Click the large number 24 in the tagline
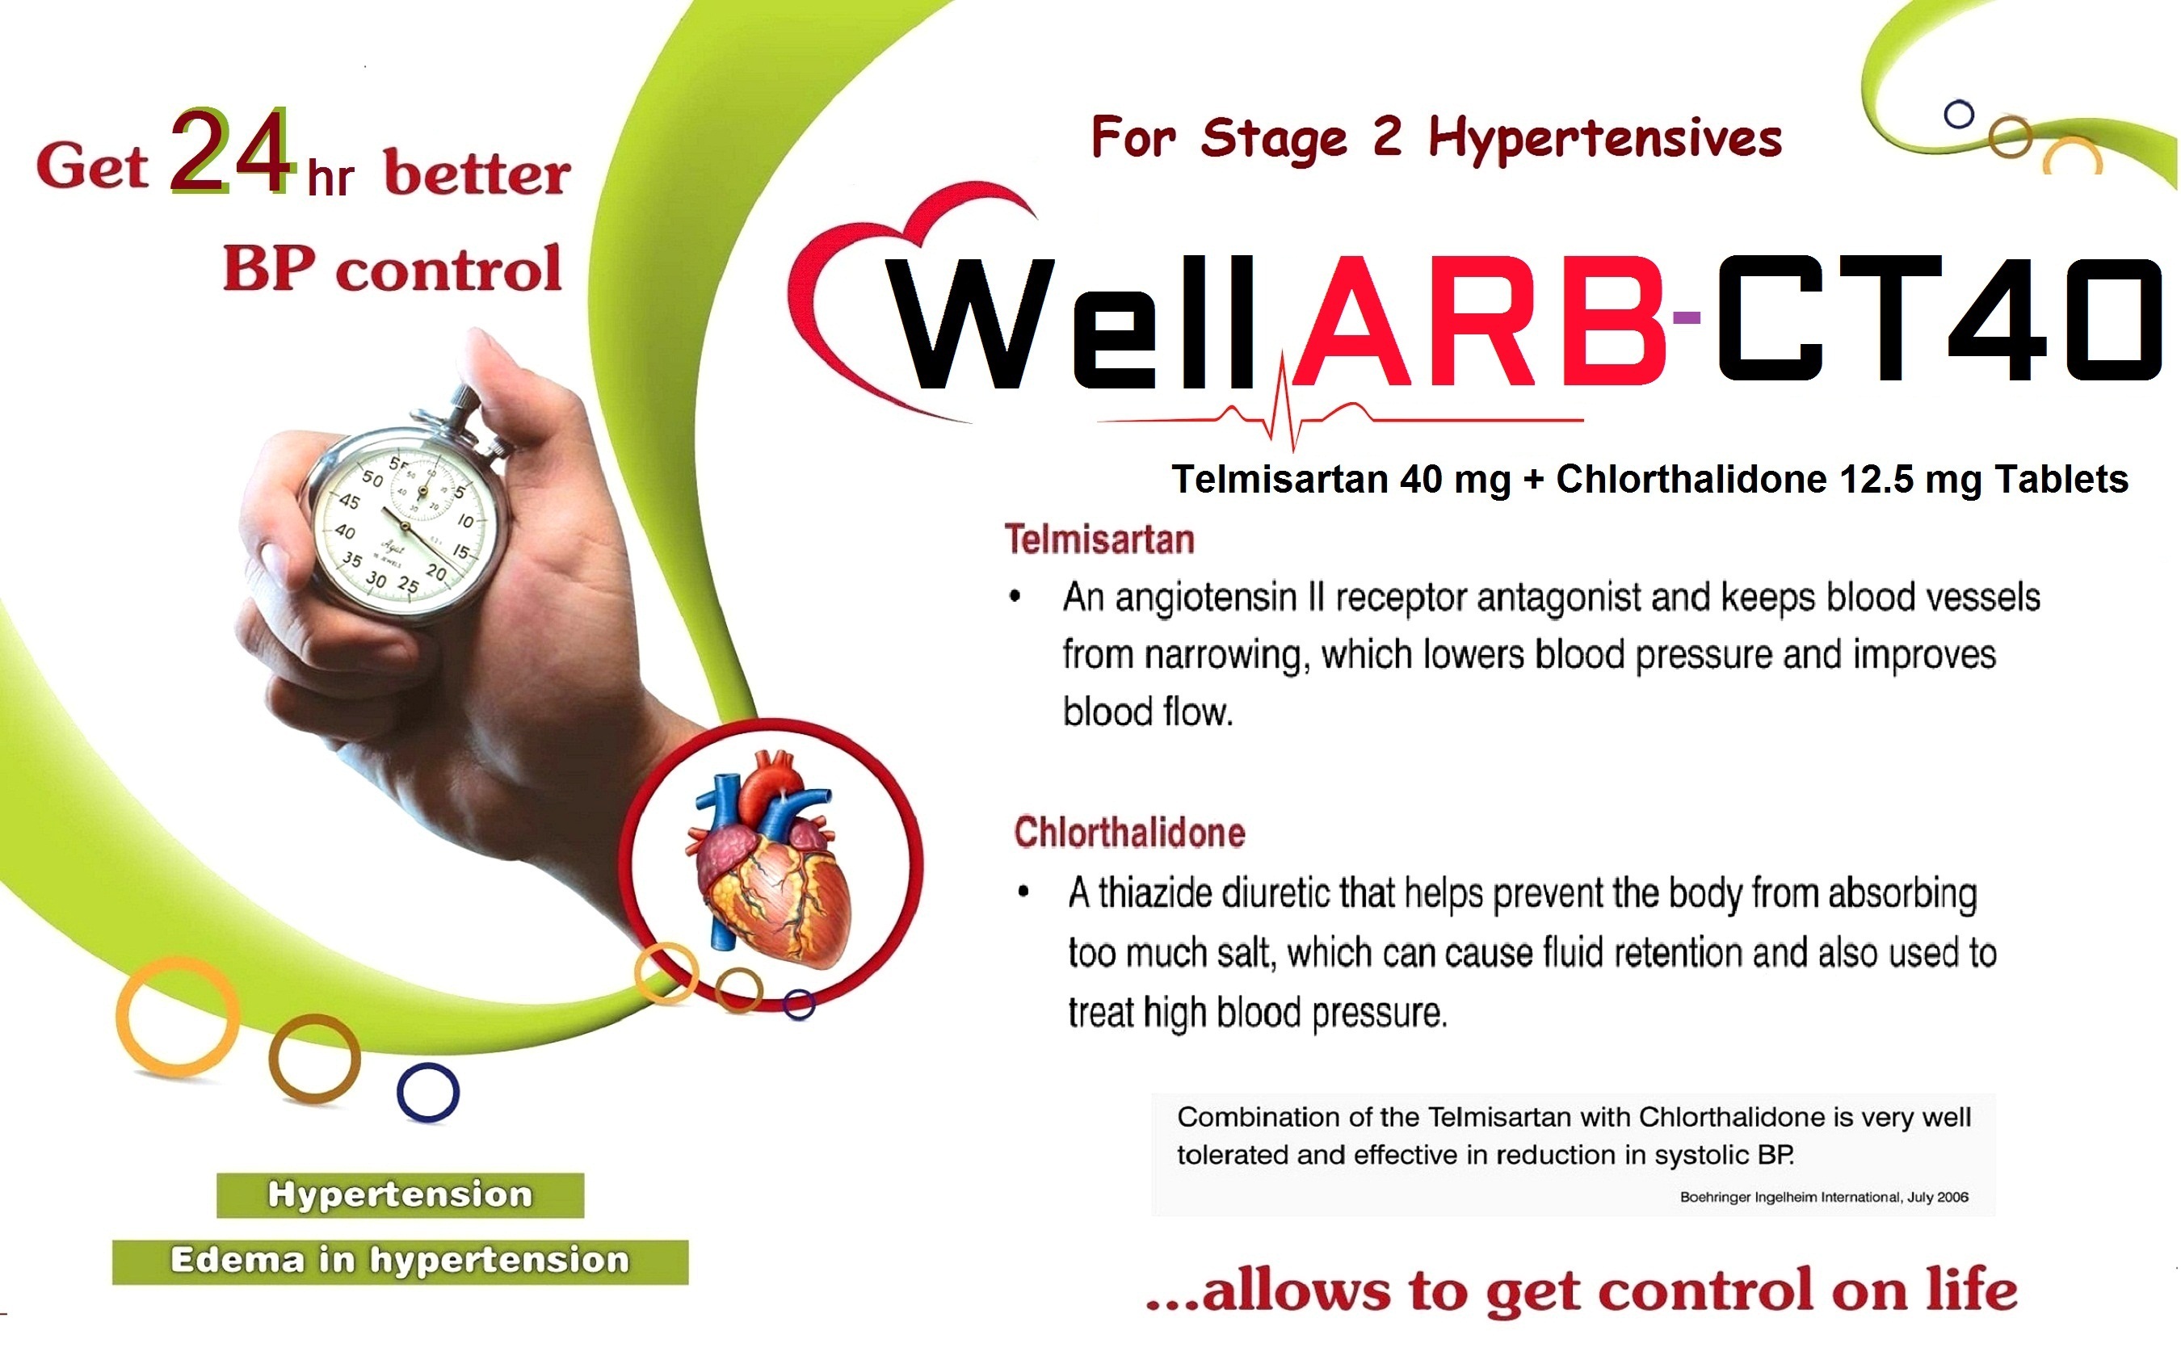tap(231, 151)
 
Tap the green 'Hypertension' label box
tap(400, 1194)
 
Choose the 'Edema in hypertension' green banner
tap(400, 1261)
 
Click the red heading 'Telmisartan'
tap(1099, 539)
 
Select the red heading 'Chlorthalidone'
tap(1129, 832)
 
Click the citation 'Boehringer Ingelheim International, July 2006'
tap(1824, 1197)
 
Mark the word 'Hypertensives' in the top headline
tap(1605, 140)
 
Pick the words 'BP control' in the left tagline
tap(392, 269)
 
